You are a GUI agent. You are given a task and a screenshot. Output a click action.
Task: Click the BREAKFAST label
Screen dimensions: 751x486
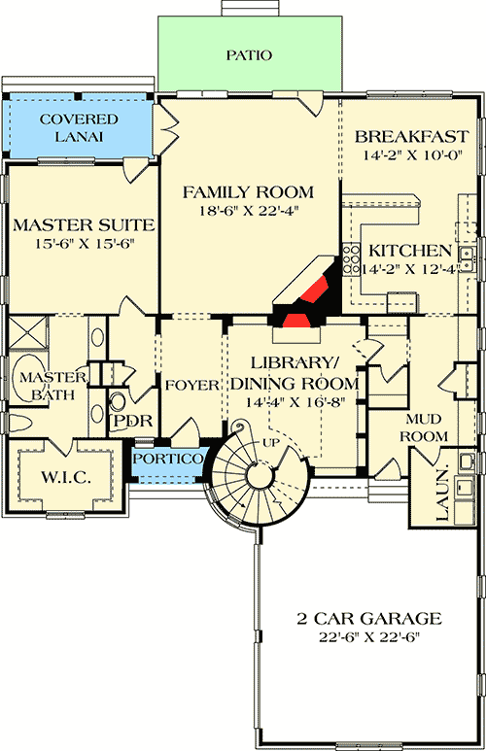pyautogui.click(x=406, y=136)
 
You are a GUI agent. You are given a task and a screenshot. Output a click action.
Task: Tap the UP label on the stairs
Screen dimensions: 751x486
pyautogui.click(x=272, y=443)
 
